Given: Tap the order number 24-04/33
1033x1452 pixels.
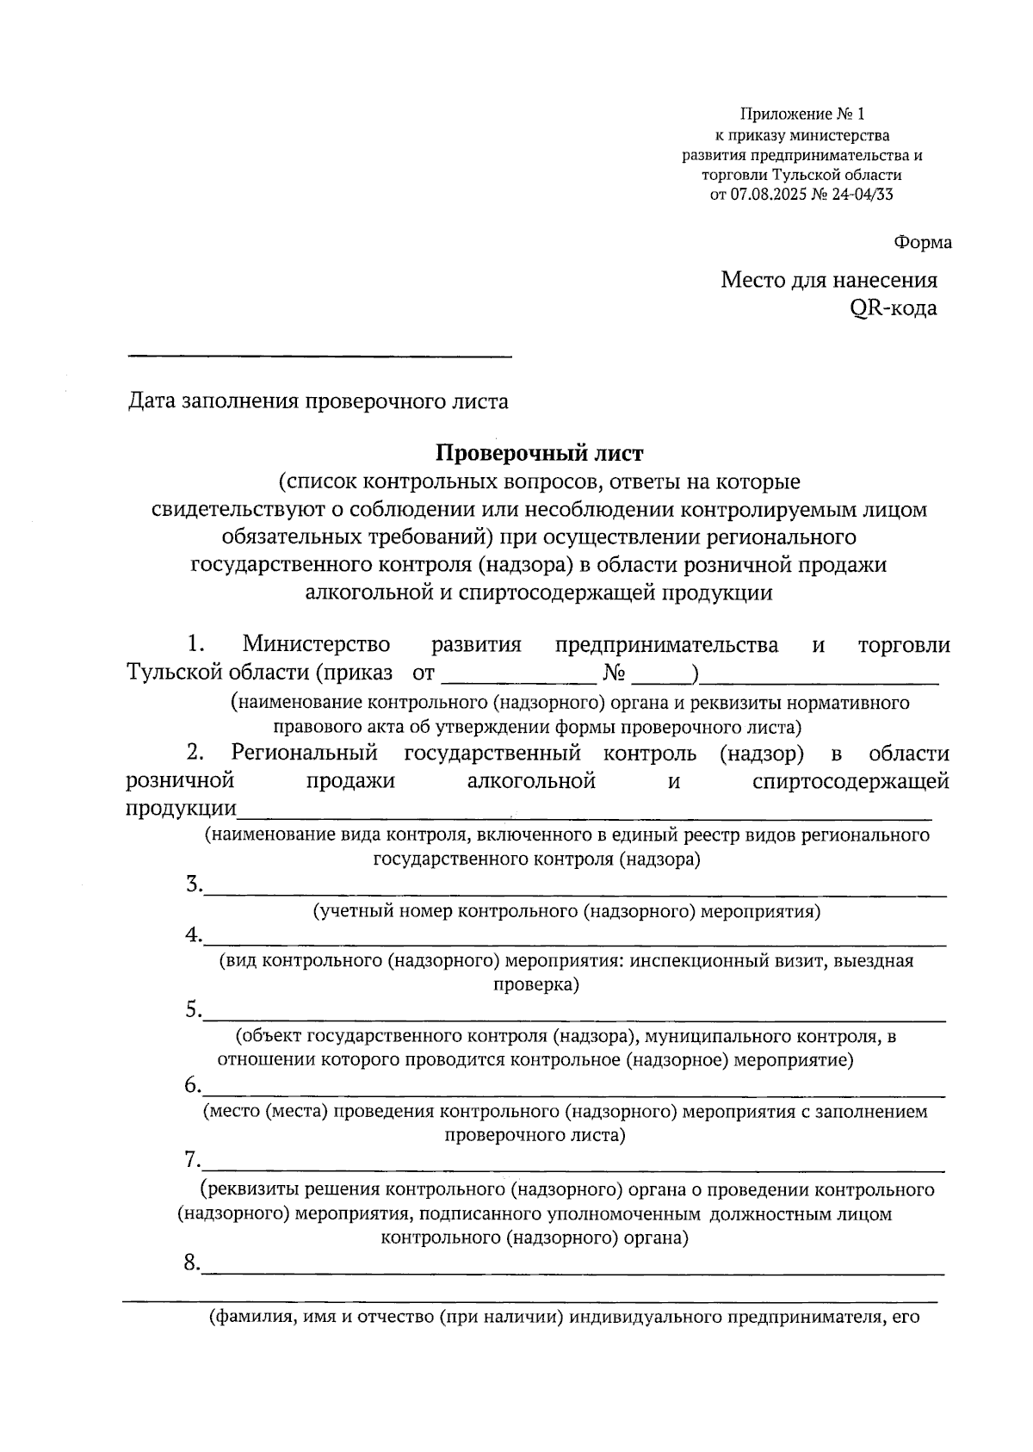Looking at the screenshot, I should (x=862, y=194).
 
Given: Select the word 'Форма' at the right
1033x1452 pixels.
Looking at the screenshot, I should (x=923, y=243).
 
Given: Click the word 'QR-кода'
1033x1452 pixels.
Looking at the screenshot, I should (x=893, y=307).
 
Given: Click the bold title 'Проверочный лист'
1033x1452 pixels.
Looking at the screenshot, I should (x=539, y=452).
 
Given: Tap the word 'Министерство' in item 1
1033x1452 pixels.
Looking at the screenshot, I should (x=316, y=644).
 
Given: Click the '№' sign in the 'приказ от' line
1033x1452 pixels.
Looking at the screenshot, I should (x=614, y=673).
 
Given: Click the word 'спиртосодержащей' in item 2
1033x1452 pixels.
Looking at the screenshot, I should (x=850, y=781).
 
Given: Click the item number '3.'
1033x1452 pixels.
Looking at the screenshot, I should (x=194, y=884).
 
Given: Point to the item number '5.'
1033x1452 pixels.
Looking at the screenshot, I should (x=194, y=1009).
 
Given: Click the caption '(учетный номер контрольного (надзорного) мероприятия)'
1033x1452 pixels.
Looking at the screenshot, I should (x=566, y=911).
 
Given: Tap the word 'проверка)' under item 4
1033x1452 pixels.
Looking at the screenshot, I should (x=536, y=984).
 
